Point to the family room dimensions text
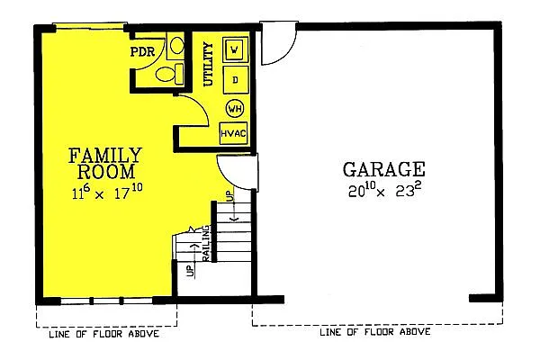[x=105, y=192]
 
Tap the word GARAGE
[x=384, y=169]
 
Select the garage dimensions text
[x=384, y=192]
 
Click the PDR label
[x=143, y=51]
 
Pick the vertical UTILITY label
[x=208, y=63]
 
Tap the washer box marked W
[x=234, y=49]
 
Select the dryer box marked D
[x=234, y=80]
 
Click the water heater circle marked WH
[x=234, y=109]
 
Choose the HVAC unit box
[x=234, y=134]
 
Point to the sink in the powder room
[x=177, y=45]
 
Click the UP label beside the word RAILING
[x=190, y=270]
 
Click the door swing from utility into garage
[x=276, y=49]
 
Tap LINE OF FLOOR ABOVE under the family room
[x=104, y=335]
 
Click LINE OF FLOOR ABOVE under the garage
[x=376, y=333]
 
